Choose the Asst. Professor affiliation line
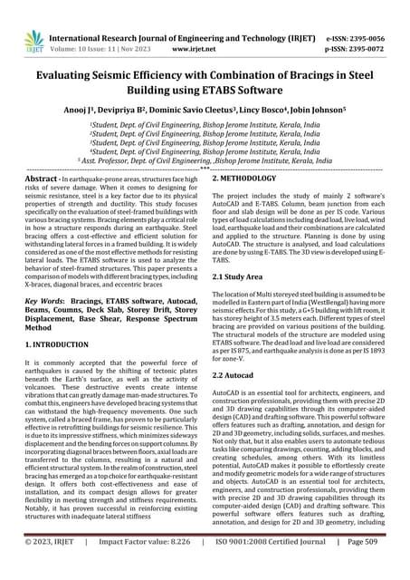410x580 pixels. (x=204, y=159)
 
